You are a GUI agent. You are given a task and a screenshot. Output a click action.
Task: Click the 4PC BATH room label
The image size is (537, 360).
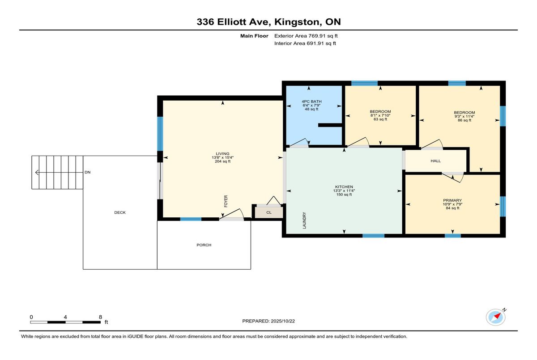point(311,102)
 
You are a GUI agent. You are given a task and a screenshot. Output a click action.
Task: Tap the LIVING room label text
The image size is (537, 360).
point(222,153)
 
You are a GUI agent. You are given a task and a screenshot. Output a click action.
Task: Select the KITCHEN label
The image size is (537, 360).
point(344,186)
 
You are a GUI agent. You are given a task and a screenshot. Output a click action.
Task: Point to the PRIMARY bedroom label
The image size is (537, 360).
point(452,200)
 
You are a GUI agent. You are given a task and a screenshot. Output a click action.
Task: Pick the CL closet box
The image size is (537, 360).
point(268,212)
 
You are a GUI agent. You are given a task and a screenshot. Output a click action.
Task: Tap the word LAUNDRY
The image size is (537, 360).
point(304,220)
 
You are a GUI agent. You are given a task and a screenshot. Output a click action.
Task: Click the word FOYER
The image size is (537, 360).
point(226,201)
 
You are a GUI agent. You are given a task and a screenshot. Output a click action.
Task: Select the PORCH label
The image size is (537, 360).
point(204,245)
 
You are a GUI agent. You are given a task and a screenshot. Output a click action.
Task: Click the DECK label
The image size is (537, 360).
point(120,212)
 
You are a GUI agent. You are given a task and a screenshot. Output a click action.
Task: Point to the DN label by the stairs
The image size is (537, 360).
point(88,172)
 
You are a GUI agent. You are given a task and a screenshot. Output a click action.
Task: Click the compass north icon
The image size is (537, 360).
point(496,317)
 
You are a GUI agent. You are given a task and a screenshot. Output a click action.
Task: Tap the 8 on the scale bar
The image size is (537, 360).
point(100,317)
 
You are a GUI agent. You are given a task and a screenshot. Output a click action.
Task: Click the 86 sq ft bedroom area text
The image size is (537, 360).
point(464,120)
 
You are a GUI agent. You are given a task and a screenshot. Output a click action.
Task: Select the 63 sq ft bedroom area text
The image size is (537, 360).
point(380,119)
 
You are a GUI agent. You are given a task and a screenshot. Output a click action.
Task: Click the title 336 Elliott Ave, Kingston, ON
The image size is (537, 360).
point(268,22)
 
